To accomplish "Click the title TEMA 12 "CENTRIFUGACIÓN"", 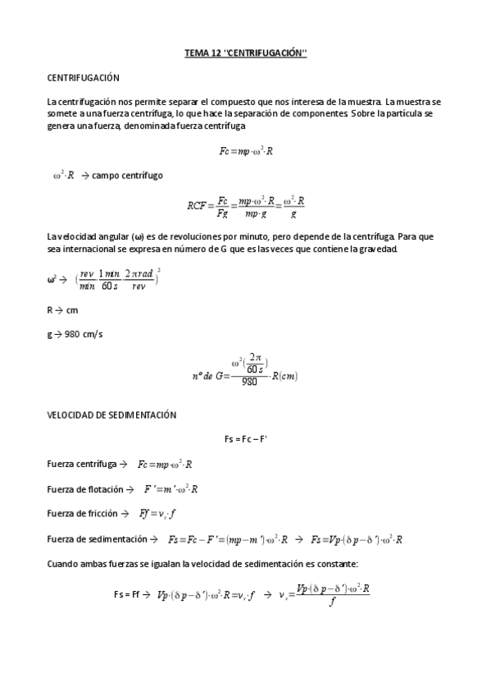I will (x=245, y=55).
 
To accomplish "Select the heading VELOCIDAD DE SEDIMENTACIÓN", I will (x=112, y=416).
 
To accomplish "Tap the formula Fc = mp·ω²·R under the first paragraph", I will (x=247, y=152).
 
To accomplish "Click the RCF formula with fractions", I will (x=246, y=204).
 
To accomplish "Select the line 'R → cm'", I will (x=62, y=311).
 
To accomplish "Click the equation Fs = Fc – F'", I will (x=245, y=440).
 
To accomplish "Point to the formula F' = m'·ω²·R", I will (x=171, y=489).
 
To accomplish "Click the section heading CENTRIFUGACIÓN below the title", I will (x=84, y=78).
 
